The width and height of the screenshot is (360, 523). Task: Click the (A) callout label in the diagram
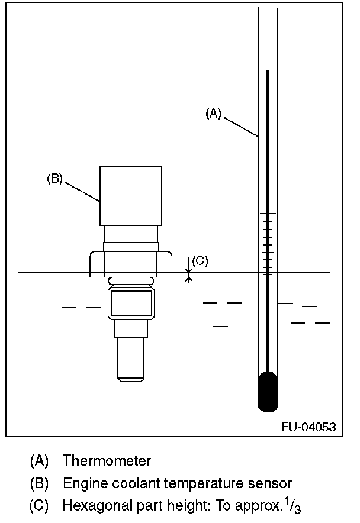pos(213,114)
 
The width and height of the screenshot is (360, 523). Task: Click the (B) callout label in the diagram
pos(54,179)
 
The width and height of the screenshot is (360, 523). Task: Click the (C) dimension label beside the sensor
pos(200,260)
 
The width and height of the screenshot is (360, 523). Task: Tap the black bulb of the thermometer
pos(268,391)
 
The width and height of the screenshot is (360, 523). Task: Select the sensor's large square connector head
pos(131,196)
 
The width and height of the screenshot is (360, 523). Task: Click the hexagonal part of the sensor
pos(131,264)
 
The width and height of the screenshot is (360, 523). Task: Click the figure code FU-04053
pos(308,427)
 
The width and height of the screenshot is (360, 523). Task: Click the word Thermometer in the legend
pos(107,461)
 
